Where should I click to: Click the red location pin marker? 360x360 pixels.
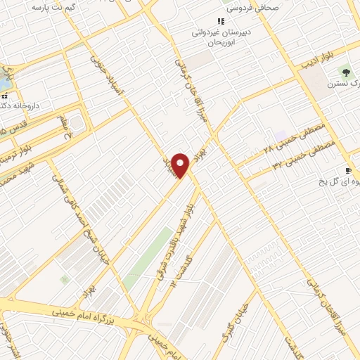pyautogui.click(x=181, y=166)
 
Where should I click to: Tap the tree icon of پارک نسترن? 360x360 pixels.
pyautogui.click(x=345, y=72)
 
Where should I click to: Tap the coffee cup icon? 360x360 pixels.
pyautogui.click(x=347, y=171)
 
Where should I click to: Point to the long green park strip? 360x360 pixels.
pyautogui.click(x=148, y=257)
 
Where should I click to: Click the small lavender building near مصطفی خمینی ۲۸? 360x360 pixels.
pyautogui.click(x=281, y=135)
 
